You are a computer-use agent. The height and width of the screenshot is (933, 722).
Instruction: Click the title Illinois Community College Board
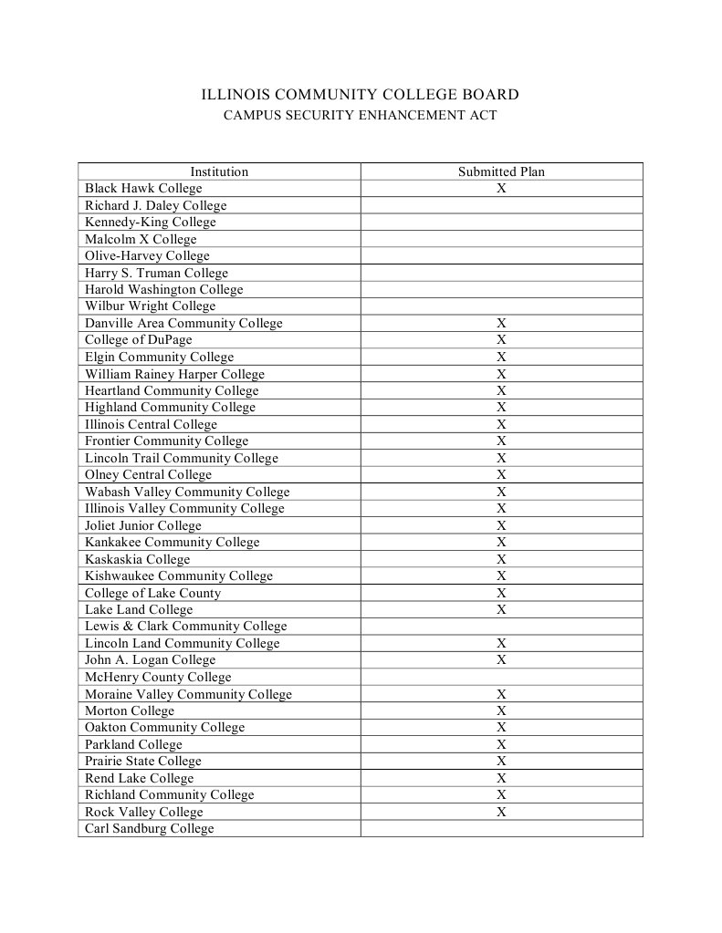[361, 95]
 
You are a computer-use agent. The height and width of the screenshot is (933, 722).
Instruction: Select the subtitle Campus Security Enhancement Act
[361, 116]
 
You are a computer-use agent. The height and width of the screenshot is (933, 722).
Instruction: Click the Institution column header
[219, 171]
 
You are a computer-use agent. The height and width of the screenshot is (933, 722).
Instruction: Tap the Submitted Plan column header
[501, 171]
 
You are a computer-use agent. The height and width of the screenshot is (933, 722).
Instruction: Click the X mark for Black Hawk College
[501, 188]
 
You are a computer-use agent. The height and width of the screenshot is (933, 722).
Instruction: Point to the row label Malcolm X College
[141, 239]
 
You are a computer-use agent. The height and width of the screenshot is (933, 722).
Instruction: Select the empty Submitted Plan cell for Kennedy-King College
[501, 222]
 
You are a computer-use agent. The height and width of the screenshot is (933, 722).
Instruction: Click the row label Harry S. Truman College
[156, 273]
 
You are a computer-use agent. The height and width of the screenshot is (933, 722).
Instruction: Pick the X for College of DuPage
[501, 340]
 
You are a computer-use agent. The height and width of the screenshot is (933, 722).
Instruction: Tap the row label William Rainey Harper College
[174, 374]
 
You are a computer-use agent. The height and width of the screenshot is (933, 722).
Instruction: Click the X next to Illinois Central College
[501, 424]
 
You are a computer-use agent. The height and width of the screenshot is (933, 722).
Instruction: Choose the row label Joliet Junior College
[143, 525]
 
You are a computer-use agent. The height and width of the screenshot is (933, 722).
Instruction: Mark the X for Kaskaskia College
[501, 559]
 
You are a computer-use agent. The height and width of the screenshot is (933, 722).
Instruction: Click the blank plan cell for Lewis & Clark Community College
[501, 627]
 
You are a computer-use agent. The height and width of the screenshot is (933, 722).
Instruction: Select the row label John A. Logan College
[151, 659]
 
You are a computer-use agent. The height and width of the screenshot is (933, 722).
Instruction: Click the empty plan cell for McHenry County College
[501, 677]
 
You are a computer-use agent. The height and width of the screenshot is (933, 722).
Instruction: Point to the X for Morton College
[501, 710]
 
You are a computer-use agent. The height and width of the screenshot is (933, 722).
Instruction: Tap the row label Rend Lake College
[140, 778]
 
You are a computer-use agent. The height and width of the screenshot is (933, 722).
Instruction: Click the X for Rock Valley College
[501, 812]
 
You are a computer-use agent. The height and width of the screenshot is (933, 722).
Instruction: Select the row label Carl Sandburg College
[150, 828]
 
